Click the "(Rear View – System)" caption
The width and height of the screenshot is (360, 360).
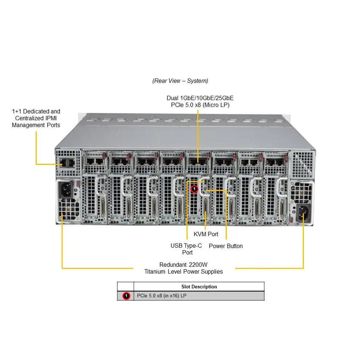[x=180, y=80]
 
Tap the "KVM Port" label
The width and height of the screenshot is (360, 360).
[x=206, y=234]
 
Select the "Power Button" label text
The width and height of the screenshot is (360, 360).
[x=226, y=246]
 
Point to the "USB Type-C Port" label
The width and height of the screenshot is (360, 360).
[x=186, y=249]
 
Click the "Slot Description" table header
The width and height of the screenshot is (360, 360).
[x=199, y=287]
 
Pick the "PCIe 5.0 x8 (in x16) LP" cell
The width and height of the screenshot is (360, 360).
[x=162, y=296]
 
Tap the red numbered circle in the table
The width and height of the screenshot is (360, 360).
[x=126, y=296]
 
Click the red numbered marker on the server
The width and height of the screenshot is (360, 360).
[x=194, y=188]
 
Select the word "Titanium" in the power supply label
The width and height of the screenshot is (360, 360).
[x=158, y=271]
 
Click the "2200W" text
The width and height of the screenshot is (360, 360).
[x=199, y=263]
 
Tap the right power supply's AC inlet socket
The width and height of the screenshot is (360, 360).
[x=303, y=211]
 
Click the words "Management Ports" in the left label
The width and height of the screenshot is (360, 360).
[x=36, y=125]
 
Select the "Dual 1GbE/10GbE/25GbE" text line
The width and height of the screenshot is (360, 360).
[x=200, y=98]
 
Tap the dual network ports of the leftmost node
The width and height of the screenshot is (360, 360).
[x=95, y=161]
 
